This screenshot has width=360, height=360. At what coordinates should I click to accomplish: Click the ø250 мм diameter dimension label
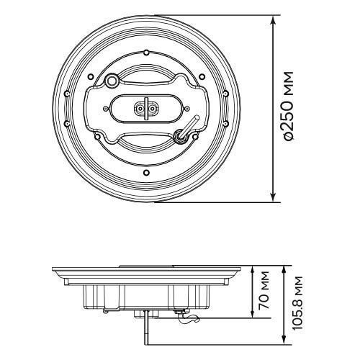point(288,107)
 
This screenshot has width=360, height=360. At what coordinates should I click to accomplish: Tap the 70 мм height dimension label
point(264,290)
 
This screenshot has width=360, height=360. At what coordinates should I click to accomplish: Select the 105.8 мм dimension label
point(297,303)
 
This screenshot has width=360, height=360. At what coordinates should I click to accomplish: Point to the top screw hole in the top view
point(146,53)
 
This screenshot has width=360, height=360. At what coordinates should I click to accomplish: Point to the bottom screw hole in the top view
point(146,172)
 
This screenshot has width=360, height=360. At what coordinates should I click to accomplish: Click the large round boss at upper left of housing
point(112,81)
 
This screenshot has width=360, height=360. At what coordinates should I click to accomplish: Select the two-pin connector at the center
point(145,109)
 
